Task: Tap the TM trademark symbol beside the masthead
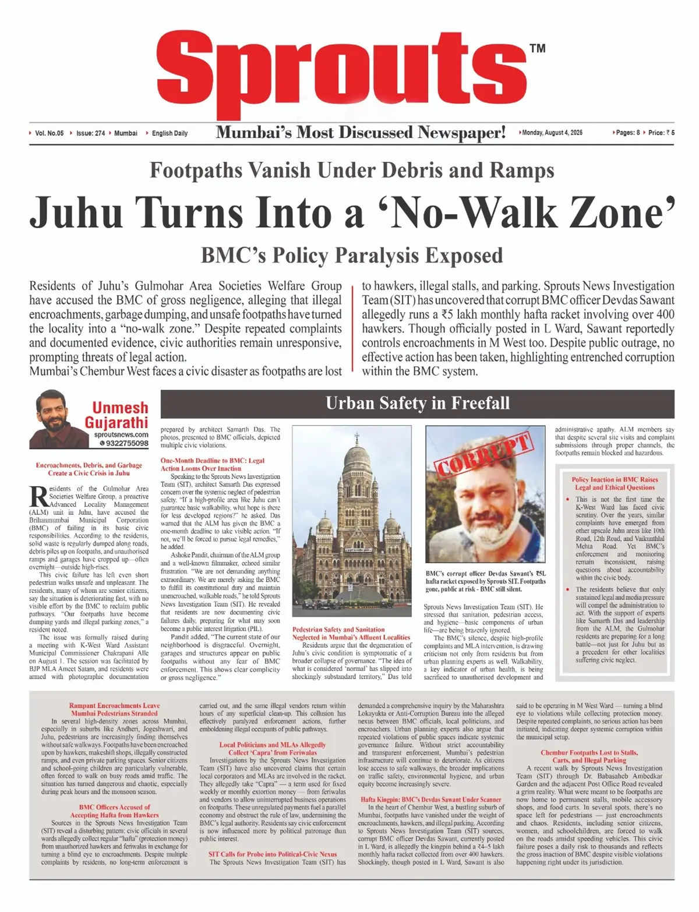click(538, 48)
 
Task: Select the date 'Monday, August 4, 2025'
click(552, 133)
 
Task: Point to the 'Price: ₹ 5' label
click(661, 133)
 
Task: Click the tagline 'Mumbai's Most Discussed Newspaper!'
click(361, 133)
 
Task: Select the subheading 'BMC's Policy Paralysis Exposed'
click(352, 255)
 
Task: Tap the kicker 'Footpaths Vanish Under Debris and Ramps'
click(352, 170)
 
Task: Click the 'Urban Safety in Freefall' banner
click(417, 403)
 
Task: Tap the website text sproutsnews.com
click(121, 434)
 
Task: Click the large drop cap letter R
click(38, 497)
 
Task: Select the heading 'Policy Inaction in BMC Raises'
click(615, 480)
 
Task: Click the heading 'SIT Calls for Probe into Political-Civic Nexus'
click(273, 854)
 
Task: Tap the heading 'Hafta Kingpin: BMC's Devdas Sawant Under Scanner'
click(430, 800)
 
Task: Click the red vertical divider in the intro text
click(353, 328)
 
